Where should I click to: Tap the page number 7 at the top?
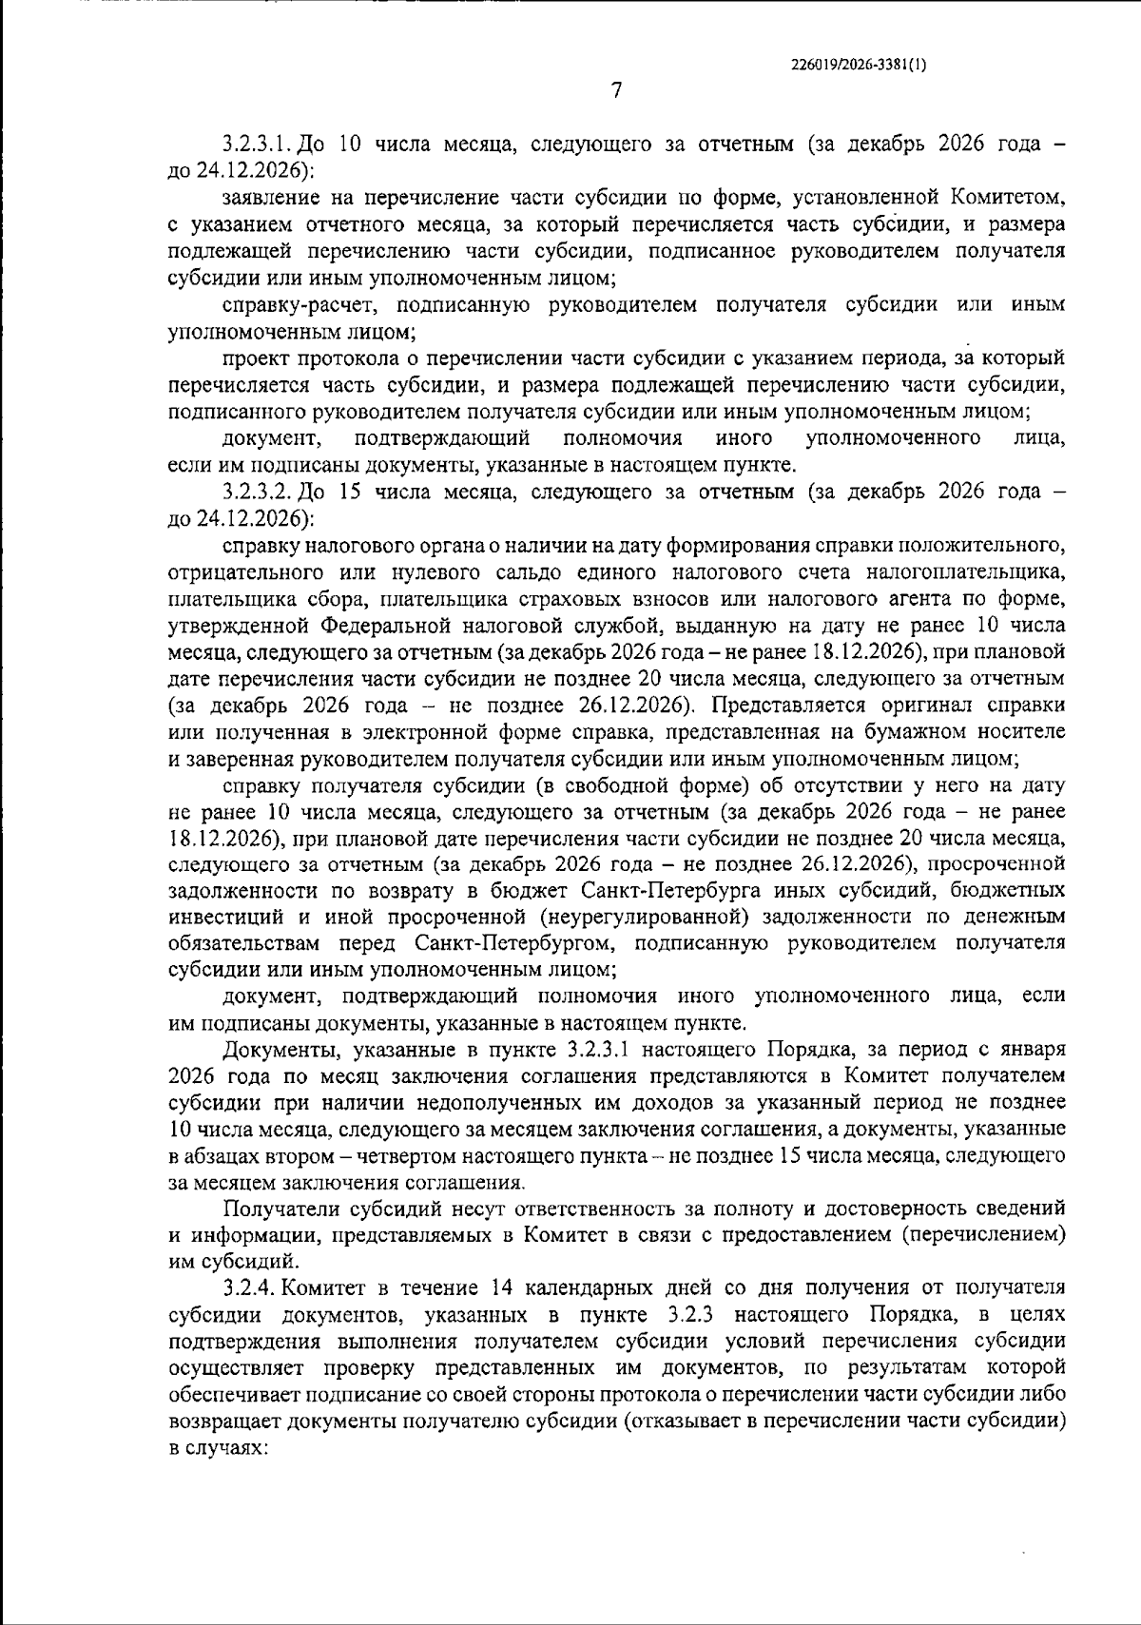616,91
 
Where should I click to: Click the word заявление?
268,198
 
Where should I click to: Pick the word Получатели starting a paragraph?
276,1209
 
